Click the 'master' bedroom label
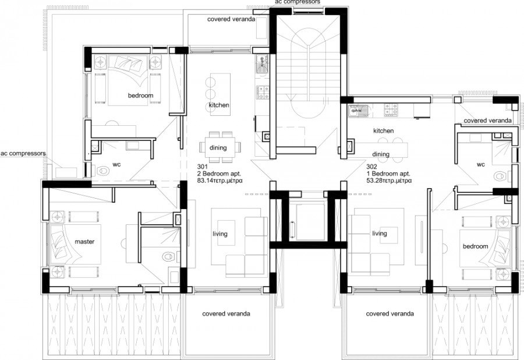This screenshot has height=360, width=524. coord(84,241)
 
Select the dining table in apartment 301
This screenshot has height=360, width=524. coord(218,146)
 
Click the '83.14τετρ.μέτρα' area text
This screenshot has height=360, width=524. coord(221,181)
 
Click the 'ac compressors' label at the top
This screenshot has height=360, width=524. coord(297,3)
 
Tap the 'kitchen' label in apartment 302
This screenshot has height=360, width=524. coord(384,131)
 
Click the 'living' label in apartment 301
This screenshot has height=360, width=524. coord(219,234)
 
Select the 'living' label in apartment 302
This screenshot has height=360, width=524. coord(380,234)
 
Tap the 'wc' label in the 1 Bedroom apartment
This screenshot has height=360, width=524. coord(481,164)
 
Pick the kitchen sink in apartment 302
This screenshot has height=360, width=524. coord(356,110)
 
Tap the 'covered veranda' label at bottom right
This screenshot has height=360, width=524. coord(390,314)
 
